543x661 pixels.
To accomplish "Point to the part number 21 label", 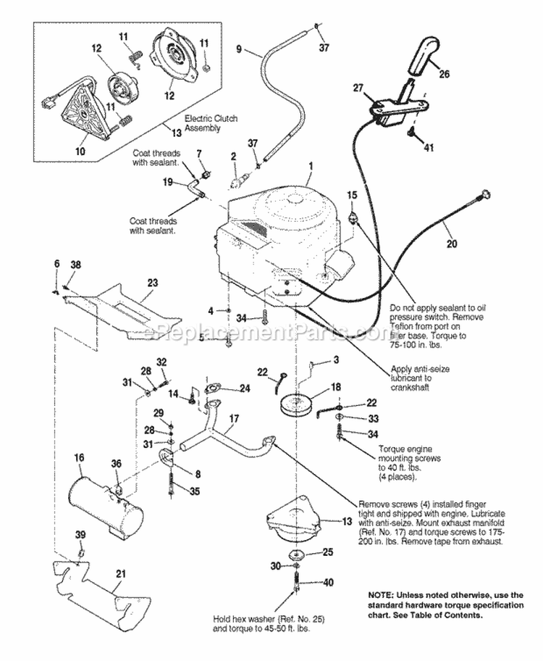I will pyautogui.click(x=120, y=574).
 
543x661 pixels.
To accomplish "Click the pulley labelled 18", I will pyautogui.click(x=300, y=404).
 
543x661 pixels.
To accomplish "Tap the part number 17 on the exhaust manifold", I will pyautogui.click(x=234, y=419).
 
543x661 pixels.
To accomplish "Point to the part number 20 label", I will pyautogui.click(x=452, y=244).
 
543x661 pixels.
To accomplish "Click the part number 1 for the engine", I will pyautogui.click(x=309, y=166).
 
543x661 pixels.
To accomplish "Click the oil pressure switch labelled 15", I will pyautogui.click(x=353, y=213).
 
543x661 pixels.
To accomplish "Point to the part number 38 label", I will pyautogui.click(x=75, y=265).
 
